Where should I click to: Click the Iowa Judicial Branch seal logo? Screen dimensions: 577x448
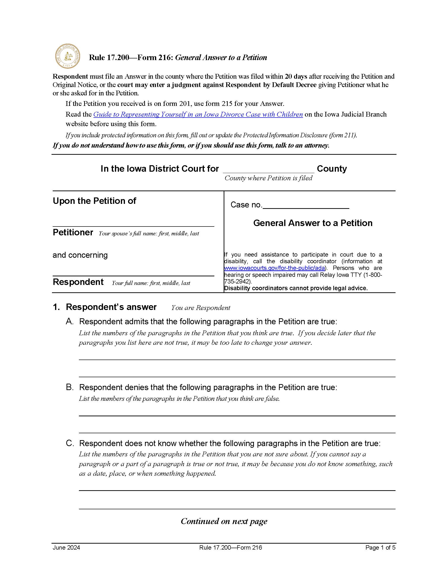68,56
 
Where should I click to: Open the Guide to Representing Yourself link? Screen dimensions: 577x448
198,114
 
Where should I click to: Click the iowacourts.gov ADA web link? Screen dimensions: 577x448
274,268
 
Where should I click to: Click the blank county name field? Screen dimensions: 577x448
268,169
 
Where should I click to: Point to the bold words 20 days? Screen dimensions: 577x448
296,77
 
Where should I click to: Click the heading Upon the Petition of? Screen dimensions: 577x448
94,201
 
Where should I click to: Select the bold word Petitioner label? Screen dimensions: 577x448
73,232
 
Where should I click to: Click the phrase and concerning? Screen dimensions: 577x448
80,255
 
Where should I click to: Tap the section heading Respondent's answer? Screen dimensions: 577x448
111,307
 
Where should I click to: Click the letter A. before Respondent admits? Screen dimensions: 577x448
69,322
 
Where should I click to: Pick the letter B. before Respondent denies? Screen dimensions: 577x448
69,387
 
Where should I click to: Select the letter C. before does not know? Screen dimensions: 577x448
70,443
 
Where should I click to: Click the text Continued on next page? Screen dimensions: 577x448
224,521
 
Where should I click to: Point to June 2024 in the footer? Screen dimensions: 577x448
66,548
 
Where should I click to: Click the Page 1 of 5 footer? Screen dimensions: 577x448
380,548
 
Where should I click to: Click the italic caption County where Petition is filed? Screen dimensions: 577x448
268,178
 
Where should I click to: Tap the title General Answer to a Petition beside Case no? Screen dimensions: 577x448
313,223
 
